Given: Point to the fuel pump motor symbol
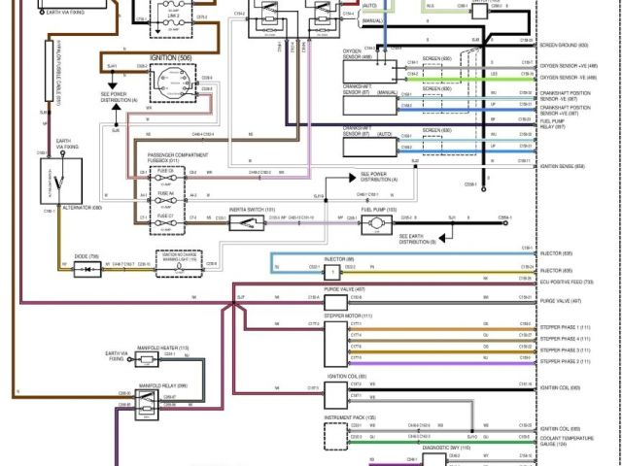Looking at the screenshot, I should pyautogui.click(x=373, y=225).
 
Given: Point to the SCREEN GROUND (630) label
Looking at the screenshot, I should pyautogui.click(x=564, y=46).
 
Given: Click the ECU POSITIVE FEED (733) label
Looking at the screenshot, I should pyautogui.click(x=568, y=281).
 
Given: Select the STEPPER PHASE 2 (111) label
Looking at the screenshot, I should pyautogui.click(x=565, y=361).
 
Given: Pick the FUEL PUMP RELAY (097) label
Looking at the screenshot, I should pyautogui.click(x=560, y=123).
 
